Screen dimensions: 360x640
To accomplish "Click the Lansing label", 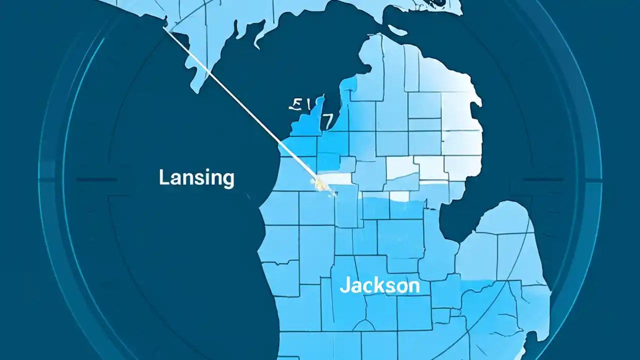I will click(196, 178).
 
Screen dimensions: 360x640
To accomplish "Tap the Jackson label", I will click(379, 285).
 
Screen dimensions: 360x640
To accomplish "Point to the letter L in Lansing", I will click(163, 177).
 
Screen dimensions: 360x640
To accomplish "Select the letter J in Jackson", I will click(344, 286).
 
